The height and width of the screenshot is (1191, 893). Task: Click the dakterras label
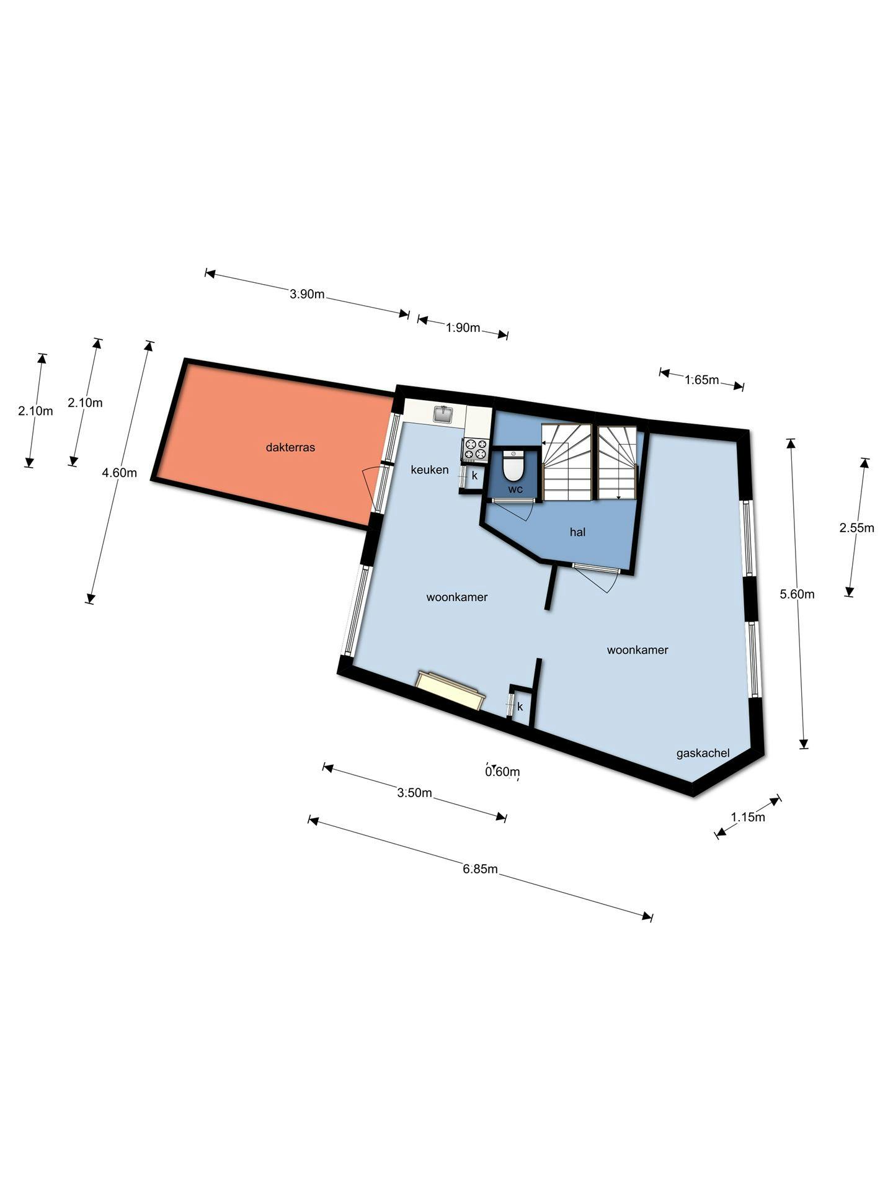pos(290,447)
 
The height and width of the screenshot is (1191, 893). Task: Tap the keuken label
pos(430,470)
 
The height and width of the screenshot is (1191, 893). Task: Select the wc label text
pos(515,489)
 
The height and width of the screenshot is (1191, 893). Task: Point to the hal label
pos(577,532)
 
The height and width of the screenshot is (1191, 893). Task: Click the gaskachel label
pos(703,754)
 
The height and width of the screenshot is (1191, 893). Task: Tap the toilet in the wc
pos(513,466)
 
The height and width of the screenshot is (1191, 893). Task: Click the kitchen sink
pos(443,414)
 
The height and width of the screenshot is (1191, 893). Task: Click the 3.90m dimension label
pos(307,294)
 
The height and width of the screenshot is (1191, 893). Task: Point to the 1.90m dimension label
pos(463,328)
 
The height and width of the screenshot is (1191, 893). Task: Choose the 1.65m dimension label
pos(701,380)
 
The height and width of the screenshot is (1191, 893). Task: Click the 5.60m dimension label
pos(797,594)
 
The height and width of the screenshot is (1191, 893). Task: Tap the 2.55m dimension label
pos(856,528)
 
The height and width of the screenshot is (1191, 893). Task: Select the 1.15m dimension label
pos(748,817)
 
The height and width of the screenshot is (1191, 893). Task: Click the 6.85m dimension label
pos(480,869)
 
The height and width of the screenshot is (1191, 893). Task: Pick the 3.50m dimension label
pos(414,793)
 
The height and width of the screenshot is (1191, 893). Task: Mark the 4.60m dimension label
pos(119,473)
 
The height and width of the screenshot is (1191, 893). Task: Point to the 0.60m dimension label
pos(502,772)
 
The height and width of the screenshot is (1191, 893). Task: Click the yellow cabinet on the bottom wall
pos(451,690)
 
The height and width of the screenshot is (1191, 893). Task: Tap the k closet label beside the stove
pos(474,476)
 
